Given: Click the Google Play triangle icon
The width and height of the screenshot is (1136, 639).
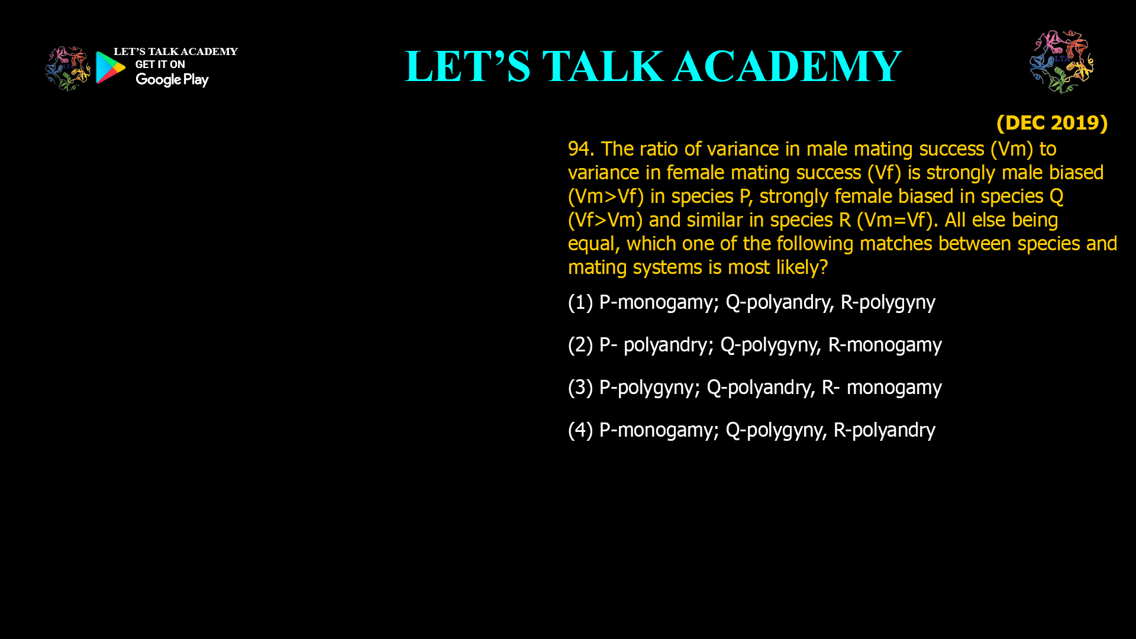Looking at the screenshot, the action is tap(110, 67).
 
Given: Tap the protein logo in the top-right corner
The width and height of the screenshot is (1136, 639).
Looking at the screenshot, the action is tap(1061, 62).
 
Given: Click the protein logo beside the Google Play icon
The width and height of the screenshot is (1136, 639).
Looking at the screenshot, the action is tap(67, 69).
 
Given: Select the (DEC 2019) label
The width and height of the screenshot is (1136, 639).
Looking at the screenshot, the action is tap(1052, 122).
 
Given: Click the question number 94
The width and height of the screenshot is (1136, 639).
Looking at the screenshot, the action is tap(580, 149).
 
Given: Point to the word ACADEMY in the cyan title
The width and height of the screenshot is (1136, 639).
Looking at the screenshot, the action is tap(787, 66).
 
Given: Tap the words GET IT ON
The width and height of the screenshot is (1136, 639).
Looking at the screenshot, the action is tap(160, 64).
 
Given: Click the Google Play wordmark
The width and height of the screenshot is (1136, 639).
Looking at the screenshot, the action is tap(172, 79).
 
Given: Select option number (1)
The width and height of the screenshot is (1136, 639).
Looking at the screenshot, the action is tap(580, 302).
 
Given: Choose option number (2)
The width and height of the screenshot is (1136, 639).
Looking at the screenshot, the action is tap(580, 345).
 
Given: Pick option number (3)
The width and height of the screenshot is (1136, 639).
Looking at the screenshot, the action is tap(580, 388).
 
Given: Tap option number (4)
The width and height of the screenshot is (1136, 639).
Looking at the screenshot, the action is tap(580, 430).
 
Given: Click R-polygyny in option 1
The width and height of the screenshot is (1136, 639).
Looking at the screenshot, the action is tap(888, 302).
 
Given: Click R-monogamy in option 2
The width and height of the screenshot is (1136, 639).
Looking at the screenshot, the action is tap(885, 345).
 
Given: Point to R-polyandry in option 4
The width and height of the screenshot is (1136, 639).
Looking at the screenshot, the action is tap(885, 430).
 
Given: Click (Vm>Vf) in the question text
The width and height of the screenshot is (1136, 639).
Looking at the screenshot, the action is tap(606, 196).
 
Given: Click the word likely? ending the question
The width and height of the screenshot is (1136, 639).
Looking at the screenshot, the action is tap(802, 267).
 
